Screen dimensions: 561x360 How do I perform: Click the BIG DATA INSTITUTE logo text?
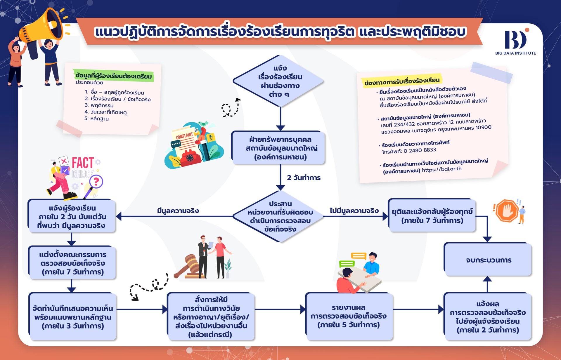coord(515,53)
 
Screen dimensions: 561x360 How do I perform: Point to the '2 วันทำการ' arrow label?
coord(304,178)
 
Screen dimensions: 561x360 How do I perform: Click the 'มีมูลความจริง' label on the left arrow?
coord(178,211)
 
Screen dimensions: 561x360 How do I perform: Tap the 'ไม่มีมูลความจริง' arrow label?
coord(354,211)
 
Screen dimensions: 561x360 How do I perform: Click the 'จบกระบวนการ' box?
coord(487,260)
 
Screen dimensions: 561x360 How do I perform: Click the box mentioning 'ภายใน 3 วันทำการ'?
coord(72,317)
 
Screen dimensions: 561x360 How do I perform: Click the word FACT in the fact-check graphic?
coord(83,162)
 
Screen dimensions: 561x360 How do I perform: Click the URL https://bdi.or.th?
coord(442,169)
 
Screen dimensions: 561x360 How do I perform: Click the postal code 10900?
coord(484,128)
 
